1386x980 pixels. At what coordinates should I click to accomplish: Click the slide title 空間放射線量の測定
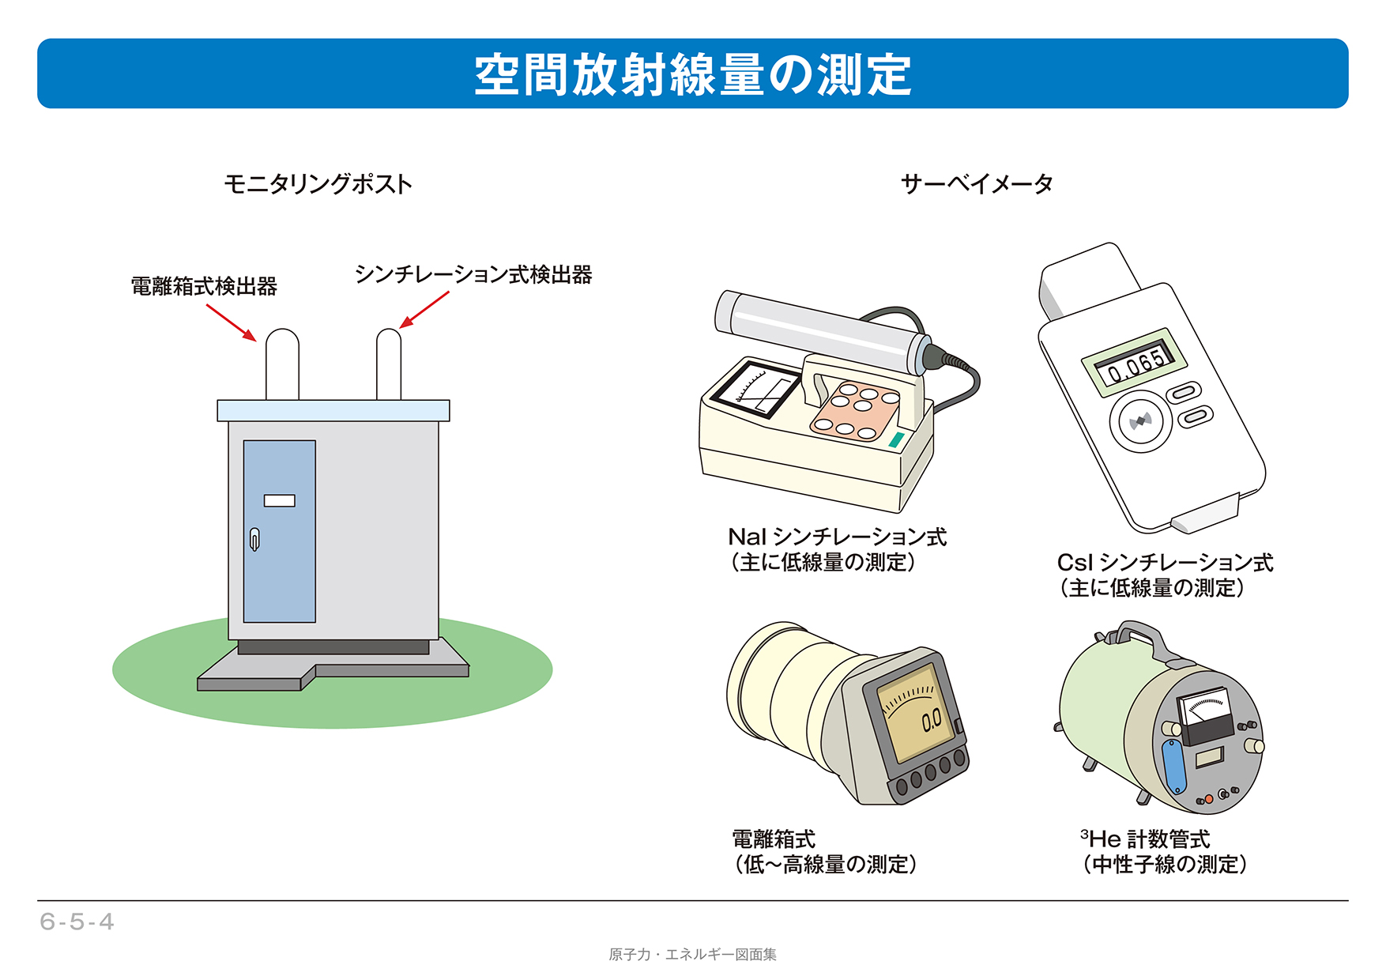coord(692,75)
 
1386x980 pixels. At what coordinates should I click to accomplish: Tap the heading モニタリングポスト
coord(318,184)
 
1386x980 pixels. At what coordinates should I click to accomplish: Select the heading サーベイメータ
coord(977,184)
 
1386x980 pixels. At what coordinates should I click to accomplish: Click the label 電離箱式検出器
coord(204,286)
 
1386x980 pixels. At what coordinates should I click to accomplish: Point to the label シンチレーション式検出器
coord(473,274)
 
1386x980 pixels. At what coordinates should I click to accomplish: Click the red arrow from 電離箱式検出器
coord(232,322)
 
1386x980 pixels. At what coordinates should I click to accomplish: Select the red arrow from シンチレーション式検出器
coord(424,309)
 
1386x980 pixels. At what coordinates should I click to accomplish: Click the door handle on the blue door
coord(254,539)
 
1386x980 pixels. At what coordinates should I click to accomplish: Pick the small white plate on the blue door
coord(279,500)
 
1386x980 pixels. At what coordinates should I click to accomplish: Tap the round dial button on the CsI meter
coord(1140,421)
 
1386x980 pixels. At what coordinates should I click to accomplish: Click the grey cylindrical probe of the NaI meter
coord(822,332)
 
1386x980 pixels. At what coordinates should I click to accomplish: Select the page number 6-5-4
coord(77,922)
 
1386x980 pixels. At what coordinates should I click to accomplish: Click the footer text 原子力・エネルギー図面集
coord(692,955)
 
